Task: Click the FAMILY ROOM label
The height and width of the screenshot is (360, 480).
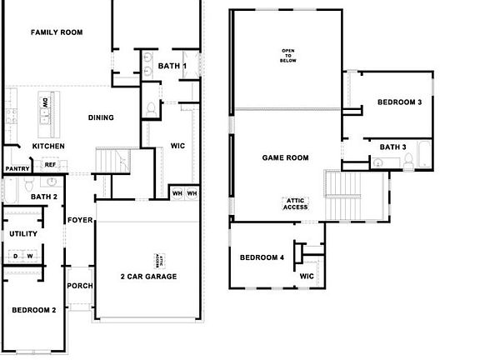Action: (x=57, y=32)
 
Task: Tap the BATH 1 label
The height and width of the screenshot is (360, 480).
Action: (x=172, y=66)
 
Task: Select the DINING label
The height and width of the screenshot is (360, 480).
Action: (x=101, y=117)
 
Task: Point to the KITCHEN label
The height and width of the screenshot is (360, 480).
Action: (x=48, y=147)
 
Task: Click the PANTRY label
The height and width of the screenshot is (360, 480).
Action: (x=17, y=169)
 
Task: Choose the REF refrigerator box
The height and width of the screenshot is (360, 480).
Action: (x=50, y=165)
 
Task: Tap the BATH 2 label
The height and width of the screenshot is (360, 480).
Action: (x=43, y=197)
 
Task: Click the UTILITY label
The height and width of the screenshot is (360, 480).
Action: (x=23, y=234)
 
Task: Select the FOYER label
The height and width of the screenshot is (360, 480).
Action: (x=80, y=221)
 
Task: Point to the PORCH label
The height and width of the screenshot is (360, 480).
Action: (x=80, y=286)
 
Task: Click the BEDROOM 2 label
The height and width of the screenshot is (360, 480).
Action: (x=33, y=310)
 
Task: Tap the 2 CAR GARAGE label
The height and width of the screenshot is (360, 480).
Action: (x=147, y=277)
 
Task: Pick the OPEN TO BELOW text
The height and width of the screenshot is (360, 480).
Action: (x=288, y=56)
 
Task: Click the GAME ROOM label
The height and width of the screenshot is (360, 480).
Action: (x=285, y=157)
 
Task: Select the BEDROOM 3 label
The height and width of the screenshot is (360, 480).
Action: (x=399, y=102)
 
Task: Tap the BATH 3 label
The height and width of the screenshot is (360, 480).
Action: (x=392, y=147)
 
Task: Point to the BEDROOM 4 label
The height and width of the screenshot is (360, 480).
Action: (x=262, y=257)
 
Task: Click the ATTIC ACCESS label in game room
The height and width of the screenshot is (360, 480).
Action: (x=297, y=204)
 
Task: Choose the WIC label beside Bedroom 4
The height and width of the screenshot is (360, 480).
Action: (x=307, y=275)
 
